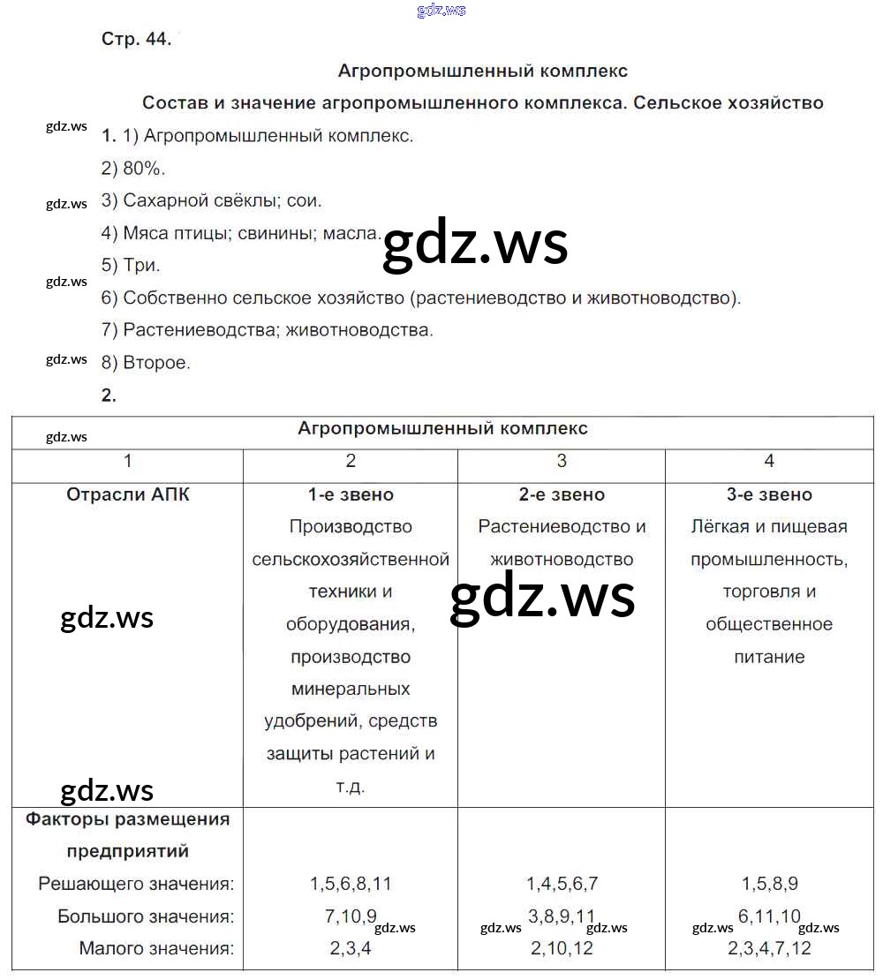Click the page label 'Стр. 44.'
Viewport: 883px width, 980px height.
[x=136, y=41]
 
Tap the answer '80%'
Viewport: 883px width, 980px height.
[x=145, y=169]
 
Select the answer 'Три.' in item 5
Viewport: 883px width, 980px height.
[x=142, y=265]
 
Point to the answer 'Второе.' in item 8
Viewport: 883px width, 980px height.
[x=156, y=362]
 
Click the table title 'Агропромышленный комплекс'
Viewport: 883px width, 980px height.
[x=442, y=429]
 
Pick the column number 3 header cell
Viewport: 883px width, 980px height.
[x=562, y=461]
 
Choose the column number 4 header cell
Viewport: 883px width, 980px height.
[x=769, y=461]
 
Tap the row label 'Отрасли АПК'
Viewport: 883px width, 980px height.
[x=128, y=494]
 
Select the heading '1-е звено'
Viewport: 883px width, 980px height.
[x=351, y=494]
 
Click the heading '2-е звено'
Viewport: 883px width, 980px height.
[x=562, y=494]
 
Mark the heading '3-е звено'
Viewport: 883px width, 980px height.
[x=769, y=494]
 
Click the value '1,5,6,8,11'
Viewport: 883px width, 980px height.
[x=351, y=884]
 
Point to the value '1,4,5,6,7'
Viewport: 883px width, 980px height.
[x=562, y=884]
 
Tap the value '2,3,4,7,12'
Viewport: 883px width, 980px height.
[x=769, y=949]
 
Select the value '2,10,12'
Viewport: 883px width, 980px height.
[x=562, y=949]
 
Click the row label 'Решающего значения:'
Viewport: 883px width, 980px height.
[x=137, y=884]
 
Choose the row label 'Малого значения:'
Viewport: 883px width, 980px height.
[x=156, y=949]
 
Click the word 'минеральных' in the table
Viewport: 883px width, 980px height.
[x=351, y=689]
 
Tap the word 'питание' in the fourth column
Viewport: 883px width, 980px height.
[x=769, y=657]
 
